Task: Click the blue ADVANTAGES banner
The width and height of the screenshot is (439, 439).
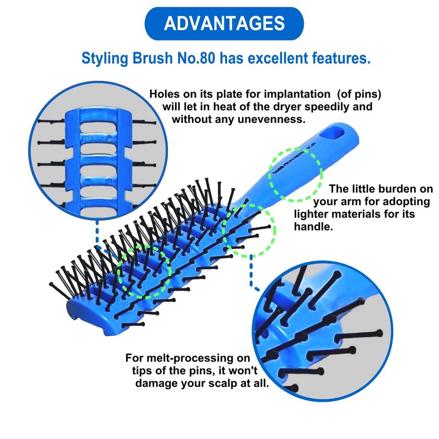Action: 223,24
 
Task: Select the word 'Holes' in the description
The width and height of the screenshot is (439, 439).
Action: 164,94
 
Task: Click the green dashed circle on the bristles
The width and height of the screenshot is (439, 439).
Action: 144,272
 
